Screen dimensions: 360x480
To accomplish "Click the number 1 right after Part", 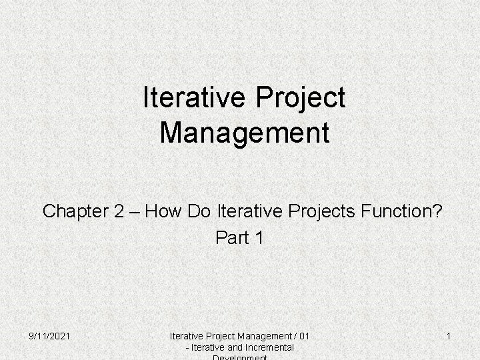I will tap(259, 237).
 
